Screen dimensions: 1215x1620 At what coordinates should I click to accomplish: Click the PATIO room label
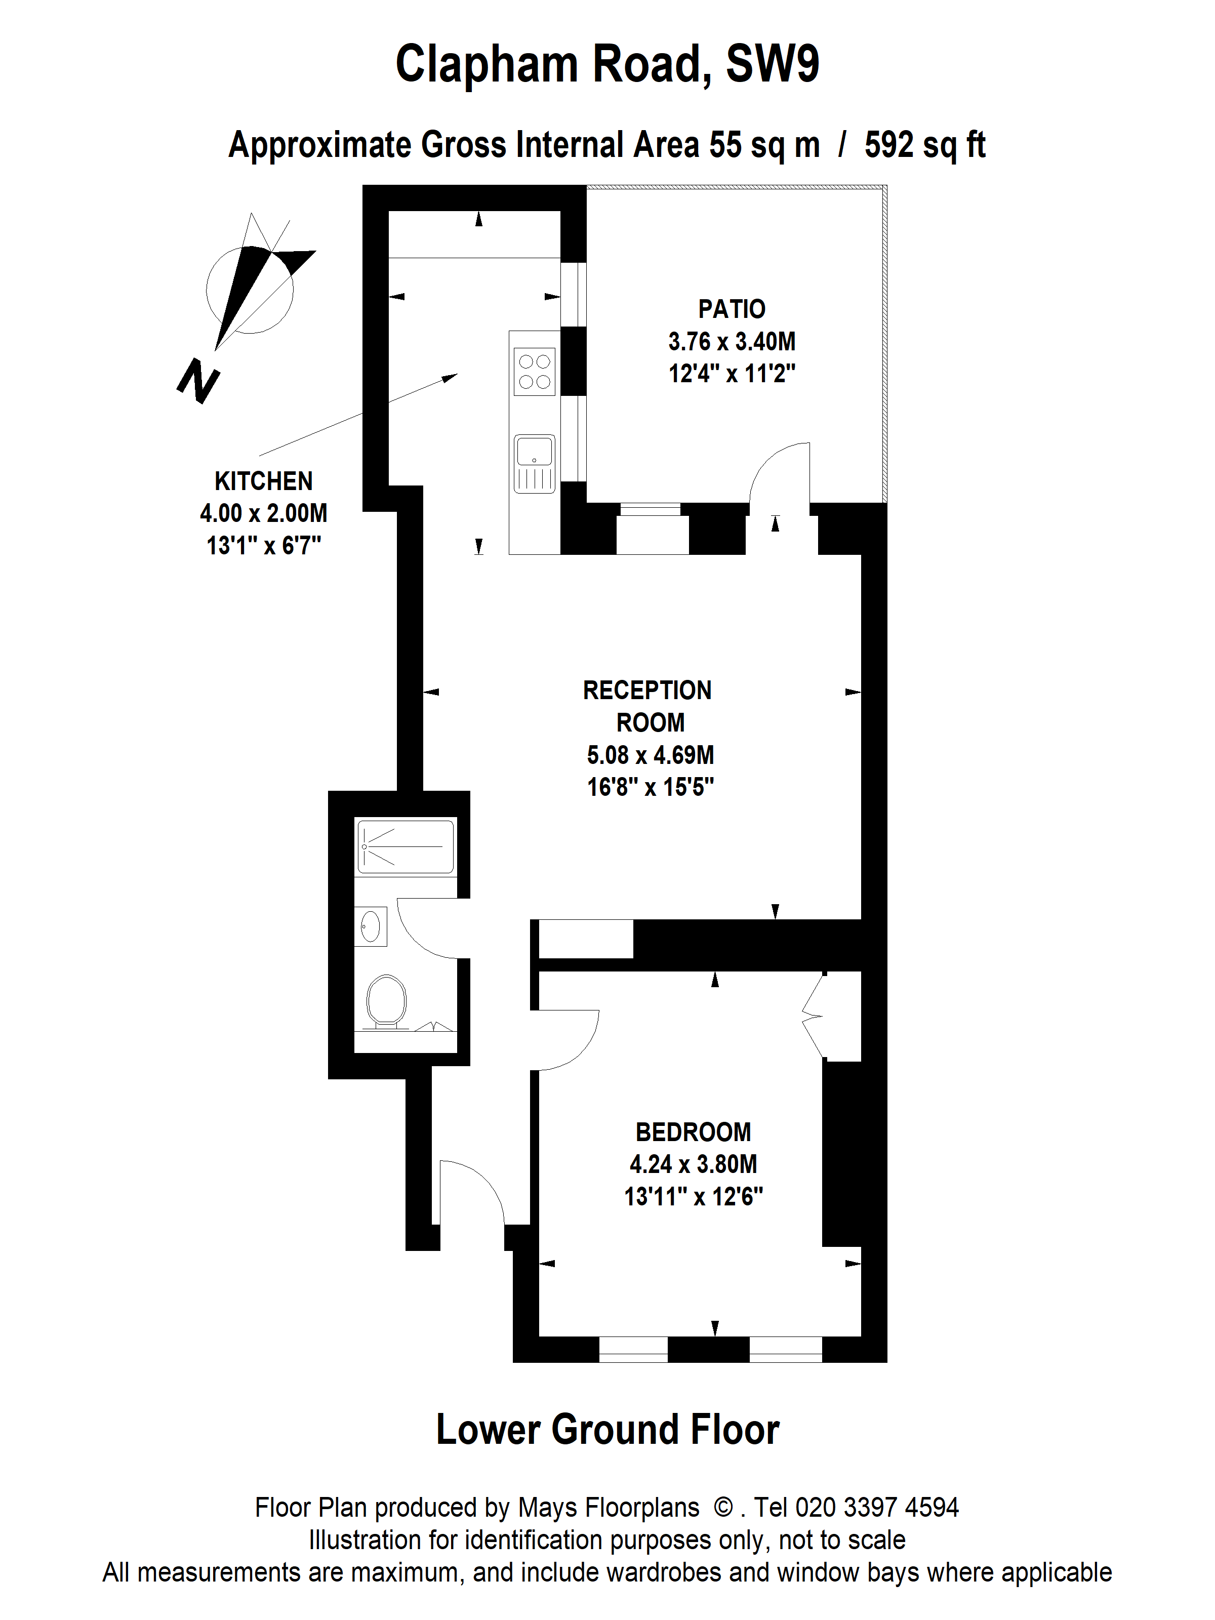(732, 309)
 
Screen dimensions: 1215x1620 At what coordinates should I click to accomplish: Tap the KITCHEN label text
(264, 481)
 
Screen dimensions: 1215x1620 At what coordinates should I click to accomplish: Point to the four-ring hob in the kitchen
(535, 372)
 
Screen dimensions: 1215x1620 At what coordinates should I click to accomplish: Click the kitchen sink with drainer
(535, 464)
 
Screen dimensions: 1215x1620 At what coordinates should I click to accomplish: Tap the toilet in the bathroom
(386, 1002)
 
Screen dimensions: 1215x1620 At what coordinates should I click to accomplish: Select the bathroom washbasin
(371, 926)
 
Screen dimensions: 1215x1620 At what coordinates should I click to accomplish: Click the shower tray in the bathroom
(405, 846)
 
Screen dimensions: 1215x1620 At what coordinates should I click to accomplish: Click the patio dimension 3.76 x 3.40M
(732, 341)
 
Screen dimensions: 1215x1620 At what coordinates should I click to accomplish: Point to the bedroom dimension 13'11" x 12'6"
(694, 1197)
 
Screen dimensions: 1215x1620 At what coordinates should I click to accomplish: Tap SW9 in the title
(773, 64)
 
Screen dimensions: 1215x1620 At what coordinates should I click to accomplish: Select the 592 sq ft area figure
(925, 145)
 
